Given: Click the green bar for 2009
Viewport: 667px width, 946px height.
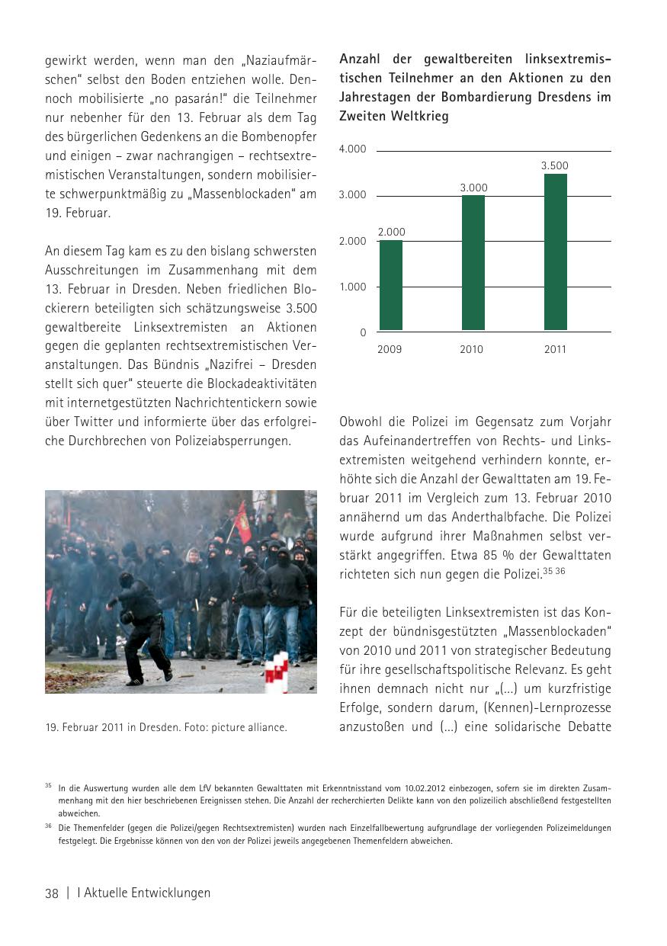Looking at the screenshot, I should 391,285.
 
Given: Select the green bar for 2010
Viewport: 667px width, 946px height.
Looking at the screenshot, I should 473,263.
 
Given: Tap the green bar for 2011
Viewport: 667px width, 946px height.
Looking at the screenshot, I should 555,252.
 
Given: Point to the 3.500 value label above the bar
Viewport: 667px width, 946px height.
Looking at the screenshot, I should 555,165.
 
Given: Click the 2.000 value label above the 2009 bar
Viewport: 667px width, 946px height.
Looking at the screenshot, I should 392,232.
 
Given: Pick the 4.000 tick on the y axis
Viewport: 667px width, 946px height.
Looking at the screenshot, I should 353,149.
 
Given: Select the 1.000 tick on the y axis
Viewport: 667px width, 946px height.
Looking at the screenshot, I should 353,287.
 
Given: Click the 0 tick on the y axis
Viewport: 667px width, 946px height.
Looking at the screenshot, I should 363,333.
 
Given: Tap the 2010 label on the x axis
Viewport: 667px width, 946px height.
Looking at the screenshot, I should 472,350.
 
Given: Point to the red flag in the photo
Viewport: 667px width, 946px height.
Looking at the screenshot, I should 243,522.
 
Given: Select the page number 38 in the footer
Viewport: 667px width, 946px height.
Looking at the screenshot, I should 52,893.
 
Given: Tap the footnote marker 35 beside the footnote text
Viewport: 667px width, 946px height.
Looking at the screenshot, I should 48,785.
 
